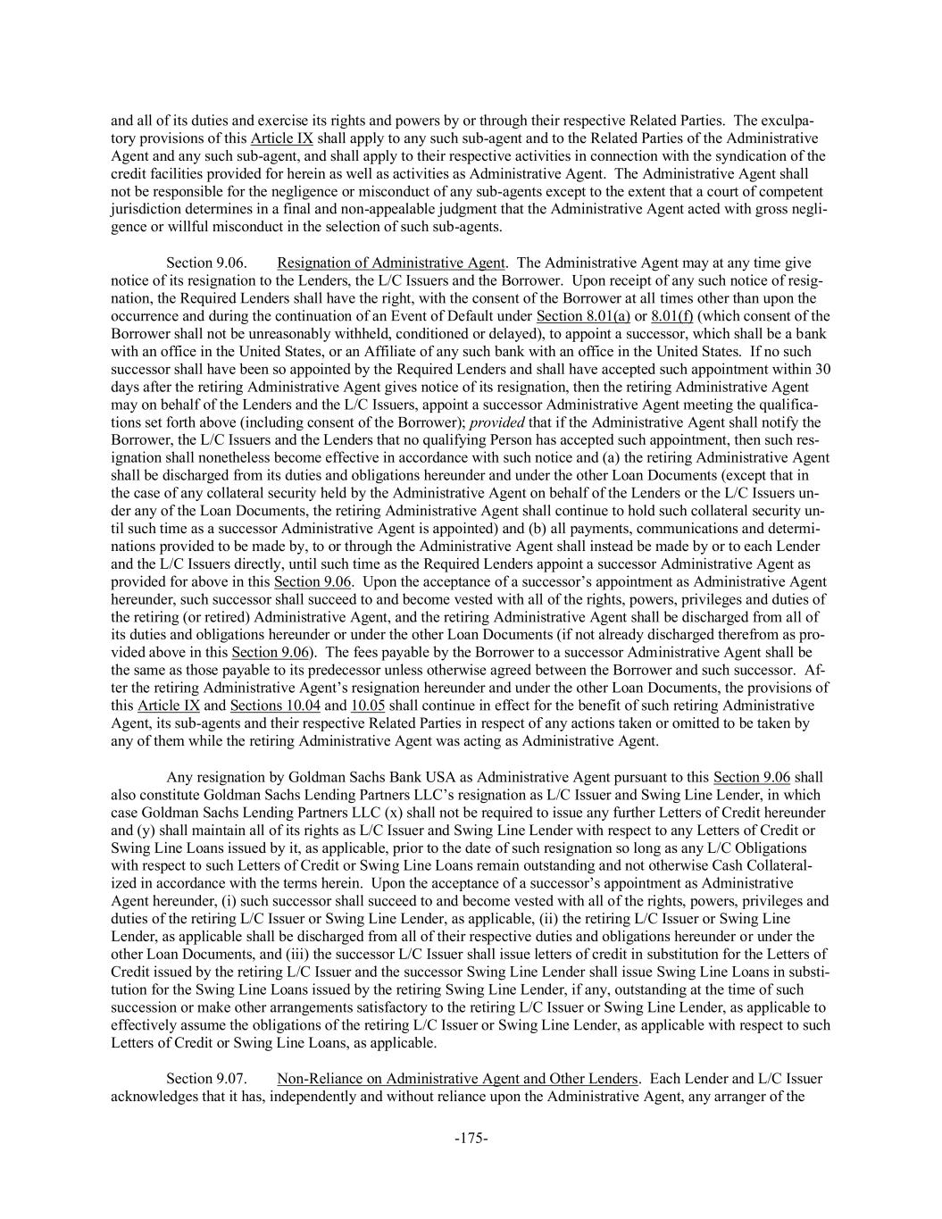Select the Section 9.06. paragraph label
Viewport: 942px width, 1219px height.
(202, 263)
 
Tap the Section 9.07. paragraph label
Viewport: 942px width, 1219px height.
(202, 1078)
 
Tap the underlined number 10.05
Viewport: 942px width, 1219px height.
(368, 706)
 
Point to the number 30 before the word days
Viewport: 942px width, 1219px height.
(824, 369)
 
